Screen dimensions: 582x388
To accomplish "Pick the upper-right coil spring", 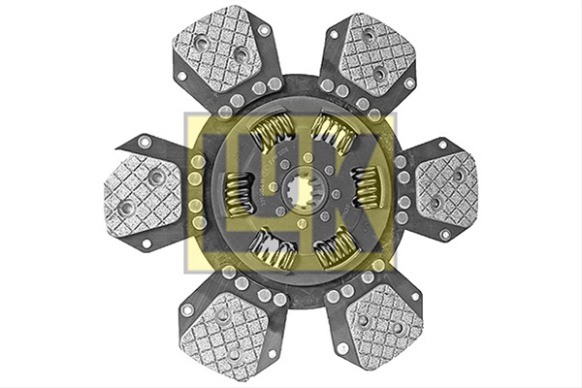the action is point(332,131).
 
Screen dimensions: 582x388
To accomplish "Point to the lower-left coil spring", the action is point(273,248).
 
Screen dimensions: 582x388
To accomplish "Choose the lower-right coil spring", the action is point(334,247).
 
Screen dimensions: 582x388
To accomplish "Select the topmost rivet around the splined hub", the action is point(307,157).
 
